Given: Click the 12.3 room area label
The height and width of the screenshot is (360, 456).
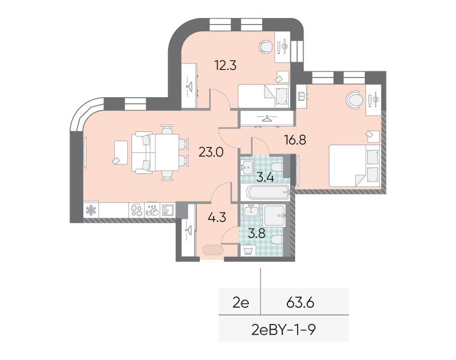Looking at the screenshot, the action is (226, 65).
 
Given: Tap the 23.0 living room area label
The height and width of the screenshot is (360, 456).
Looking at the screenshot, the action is (211, 152).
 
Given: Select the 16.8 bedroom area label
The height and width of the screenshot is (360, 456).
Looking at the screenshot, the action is (295, 140).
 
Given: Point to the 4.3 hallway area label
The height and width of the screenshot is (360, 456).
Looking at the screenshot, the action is (217, 217).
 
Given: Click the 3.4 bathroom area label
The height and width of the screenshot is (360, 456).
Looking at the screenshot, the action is (265, 177).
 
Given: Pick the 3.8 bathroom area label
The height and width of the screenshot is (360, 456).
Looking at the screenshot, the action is (257, 233).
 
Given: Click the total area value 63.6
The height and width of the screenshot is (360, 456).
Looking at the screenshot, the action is (300, 303).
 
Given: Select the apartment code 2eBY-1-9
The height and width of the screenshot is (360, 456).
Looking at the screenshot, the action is (284, 330).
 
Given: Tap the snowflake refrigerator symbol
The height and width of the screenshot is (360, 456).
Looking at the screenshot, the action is (91, 210).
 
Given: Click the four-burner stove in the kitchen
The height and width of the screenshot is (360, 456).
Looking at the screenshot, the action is (137, 210).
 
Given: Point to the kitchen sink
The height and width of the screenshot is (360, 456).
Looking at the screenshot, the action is (167, 210).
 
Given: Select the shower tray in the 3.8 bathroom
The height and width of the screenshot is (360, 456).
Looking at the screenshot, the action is (274, 216).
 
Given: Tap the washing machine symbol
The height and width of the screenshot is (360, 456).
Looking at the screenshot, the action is (248, 251).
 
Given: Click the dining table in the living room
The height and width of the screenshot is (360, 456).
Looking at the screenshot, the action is (167, 152).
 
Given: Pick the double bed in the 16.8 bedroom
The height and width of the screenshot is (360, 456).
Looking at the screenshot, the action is (354, 166).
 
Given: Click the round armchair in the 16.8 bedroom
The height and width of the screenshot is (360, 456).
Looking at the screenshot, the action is (355, 100).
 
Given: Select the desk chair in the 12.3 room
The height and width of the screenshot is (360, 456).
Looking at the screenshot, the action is (266, 47).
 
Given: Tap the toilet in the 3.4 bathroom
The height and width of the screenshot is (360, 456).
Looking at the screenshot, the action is (277, 167).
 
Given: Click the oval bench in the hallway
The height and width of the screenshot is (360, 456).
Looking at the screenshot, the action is (212, 250).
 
